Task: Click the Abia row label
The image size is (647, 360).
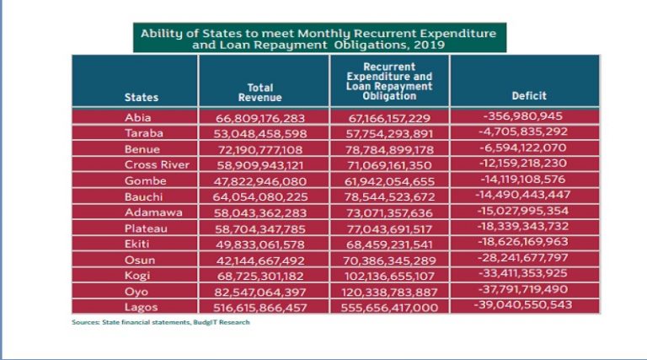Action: point(138,117)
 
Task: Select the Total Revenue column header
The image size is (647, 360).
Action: point(260,92)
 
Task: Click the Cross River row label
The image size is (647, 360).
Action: point(158,164)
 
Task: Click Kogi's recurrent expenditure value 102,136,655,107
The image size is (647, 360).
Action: point(392,276)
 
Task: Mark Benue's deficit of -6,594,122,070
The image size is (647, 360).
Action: point(523,148)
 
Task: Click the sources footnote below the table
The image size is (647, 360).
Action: point(160,321)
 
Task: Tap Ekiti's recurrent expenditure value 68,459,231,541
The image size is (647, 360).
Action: point(392,244)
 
